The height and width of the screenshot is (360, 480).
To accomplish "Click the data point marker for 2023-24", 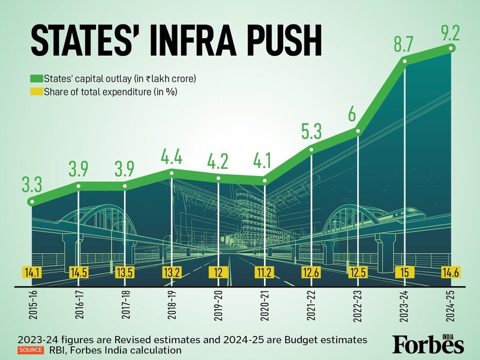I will point(405,60).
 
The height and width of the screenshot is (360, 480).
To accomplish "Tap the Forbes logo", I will point(428,344).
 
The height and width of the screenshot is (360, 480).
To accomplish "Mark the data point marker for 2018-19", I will point(172,173).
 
